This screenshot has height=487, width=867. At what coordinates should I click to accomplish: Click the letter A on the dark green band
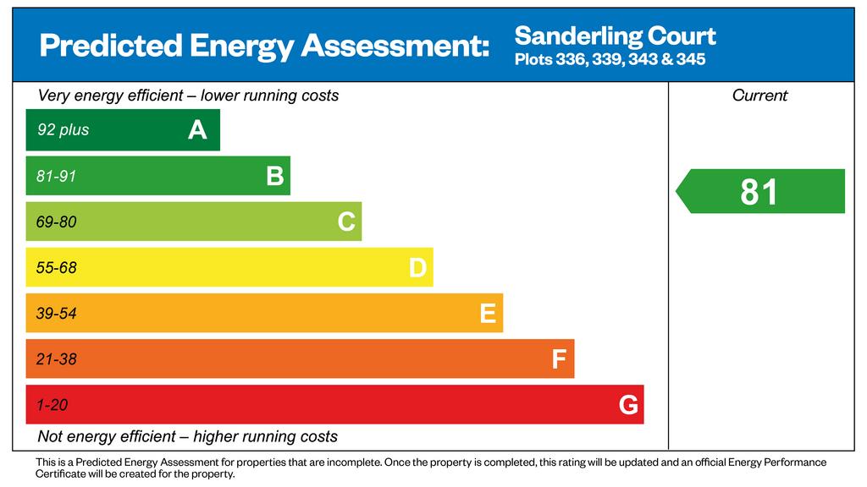tap(197, 130)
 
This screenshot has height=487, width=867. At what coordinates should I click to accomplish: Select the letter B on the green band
tap(274, 176)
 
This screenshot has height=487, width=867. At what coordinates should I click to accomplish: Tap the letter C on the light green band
tap(345, 222)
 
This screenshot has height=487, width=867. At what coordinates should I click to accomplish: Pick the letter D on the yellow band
tap(417, 268)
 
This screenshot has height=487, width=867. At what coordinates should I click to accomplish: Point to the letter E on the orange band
tap(488, 314)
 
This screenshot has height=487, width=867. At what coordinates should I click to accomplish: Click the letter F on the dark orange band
tap(559, 359)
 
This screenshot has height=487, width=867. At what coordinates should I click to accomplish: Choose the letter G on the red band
tap(628, 406)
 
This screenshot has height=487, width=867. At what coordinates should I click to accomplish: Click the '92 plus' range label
tap(63, 130)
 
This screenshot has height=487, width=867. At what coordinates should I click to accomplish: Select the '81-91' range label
tap(57, 177)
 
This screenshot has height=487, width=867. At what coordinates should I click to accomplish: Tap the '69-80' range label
tap(57, 222)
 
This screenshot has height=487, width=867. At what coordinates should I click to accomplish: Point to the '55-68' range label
tap(57, 268)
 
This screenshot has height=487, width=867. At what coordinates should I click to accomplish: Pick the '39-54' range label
tap(57, 314)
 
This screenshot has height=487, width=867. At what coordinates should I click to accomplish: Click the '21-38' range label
tap(57, 359)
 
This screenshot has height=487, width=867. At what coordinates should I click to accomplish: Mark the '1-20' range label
tap(52, 405)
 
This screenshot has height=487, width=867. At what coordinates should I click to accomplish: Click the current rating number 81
tap(759, 192)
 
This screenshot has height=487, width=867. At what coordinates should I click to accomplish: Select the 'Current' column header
tap(759, 96)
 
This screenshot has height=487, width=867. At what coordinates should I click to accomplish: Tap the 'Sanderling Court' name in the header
tap(616, 36)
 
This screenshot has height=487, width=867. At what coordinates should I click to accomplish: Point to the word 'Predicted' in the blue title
tap(108, 46)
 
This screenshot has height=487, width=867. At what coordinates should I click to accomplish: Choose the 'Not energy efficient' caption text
tap(106, 437)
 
